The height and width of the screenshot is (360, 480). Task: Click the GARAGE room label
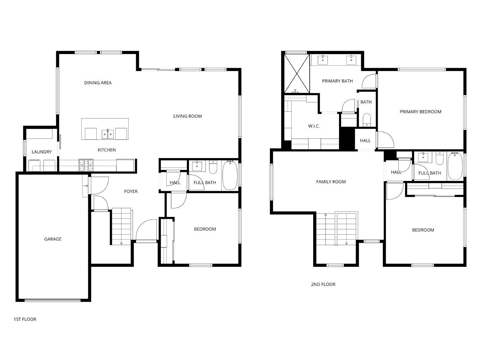[x=53, y=239]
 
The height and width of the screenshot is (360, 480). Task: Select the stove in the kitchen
[x=86, y=165]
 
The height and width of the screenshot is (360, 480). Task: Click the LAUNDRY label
[x=42, y=152]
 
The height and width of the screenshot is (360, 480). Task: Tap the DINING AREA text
[x=98, y=83]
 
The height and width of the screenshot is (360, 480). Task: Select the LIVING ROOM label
[x=187, y=116]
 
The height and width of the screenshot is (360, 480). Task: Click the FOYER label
[x=131, y=191]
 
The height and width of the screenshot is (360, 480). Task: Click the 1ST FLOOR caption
[x=25, y=319]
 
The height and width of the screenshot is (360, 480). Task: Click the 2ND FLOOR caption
[x=323, y=284]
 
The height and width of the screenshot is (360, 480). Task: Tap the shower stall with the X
[x=296, y=73]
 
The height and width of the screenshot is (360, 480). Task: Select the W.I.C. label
[x=314, y=126]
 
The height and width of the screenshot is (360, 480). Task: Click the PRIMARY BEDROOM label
[x=420, y=112]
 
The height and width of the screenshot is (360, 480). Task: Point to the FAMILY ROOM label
[x=331, y=182]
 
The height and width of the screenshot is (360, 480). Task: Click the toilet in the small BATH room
[x=367, y=120]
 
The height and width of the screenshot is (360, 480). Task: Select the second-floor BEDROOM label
[x=423, y=230]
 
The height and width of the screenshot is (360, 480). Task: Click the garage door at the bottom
[x=52, y=300]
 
